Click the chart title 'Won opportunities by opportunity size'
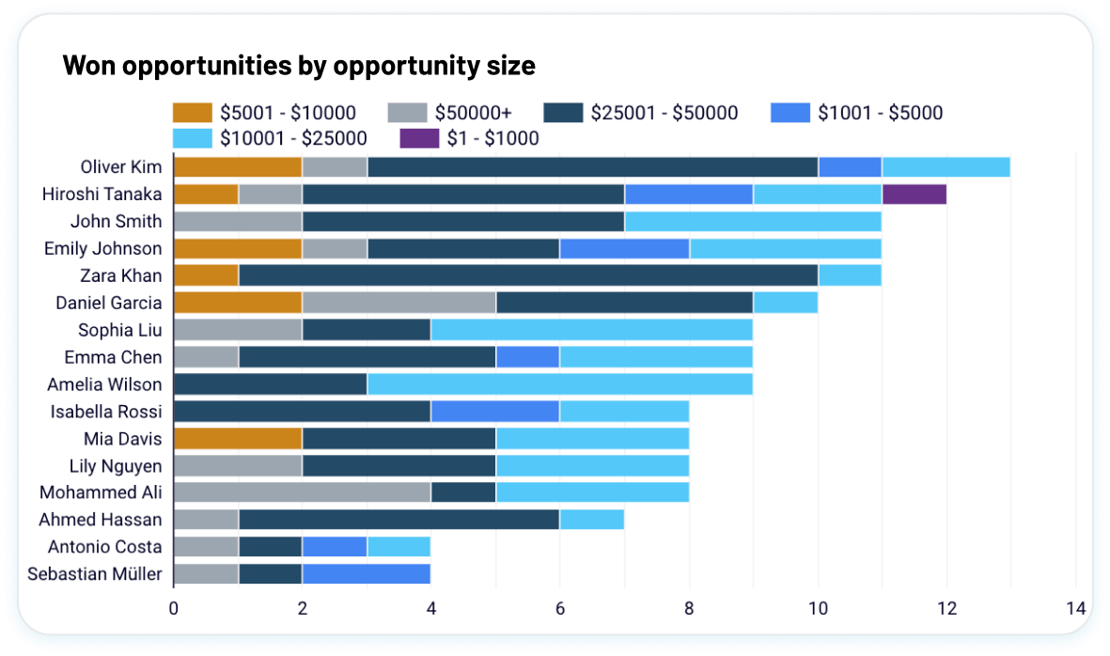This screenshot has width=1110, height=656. (x=299, y=66)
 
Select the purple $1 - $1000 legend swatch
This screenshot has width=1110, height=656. (x=419, y=139)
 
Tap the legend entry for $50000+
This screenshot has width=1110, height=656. (x=449, y=113)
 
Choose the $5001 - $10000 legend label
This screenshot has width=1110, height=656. (x=288, y=113)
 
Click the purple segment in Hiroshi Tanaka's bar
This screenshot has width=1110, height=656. (x=914, y=195)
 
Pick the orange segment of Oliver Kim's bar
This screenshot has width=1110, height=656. (x=238, y=167)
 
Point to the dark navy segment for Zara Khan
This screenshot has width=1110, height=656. (x=528, y=276)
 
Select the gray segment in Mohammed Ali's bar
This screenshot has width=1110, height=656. (x=303, y=492)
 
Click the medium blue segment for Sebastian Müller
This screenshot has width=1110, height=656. (x=367, y=574)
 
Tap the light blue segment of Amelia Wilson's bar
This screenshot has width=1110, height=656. (x=560, y=384)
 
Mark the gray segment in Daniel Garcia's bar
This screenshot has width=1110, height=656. (x=399, y=303)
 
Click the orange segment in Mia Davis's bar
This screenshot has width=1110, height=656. (x=238, y=439)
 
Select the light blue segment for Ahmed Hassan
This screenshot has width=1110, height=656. (x=592, y=520)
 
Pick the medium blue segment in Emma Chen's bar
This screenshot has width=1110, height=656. (x=528, y=357)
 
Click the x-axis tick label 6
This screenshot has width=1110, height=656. (x=560, y=608)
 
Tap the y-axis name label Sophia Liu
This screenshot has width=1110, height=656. (x=119, y=330)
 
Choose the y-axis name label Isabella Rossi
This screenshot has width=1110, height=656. (x=106, y=412)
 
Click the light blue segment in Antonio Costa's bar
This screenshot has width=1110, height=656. (x=399, y=547)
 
